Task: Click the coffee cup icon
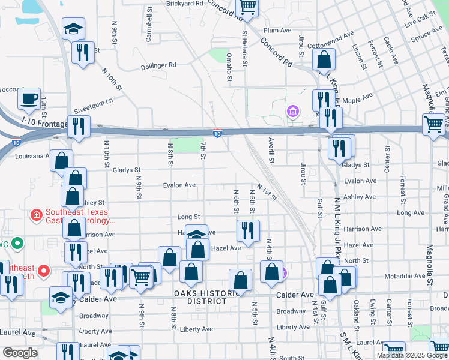point(29,100)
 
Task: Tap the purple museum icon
point(293,112)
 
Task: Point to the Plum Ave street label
point(277,30)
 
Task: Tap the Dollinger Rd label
point(158,65)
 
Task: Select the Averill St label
point(271,150)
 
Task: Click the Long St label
point(188,217)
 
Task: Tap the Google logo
point(19,353)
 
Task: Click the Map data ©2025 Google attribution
point(412,355)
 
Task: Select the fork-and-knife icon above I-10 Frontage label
point(83,53)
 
